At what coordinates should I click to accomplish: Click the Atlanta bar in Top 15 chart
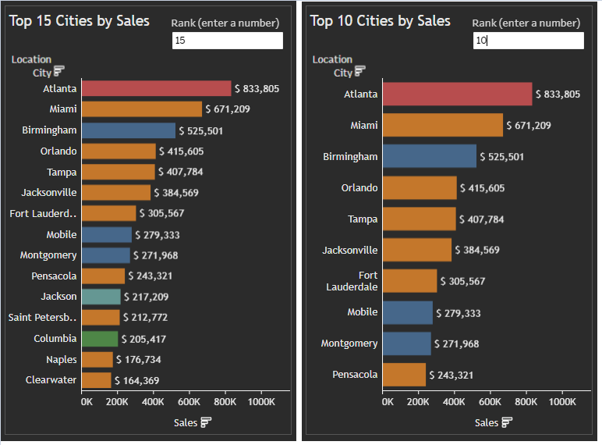[x=156, y=88]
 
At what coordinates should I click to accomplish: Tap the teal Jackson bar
[x=101, y=297]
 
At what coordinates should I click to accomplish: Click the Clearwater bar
[x=97, y=380]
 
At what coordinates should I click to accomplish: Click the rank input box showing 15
[x=227, y=40]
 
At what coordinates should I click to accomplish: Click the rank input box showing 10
[x=528, y=40]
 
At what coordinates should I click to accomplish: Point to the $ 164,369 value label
[x=136, y=381]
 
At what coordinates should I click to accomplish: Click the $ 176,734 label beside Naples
[x=139, y=360]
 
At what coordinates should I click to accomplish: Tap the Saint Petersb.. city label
[x=43, y=318]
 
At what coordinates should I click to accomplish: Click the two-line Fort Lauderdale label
[x=358, y=281]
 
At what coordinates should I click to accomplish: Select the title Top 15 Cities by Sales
[x=80, y=21]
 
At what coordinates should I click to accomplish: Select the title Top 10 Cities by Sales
[x=381, y=21]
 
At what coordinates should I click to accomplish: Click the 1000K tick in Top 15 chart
[x=261, y=401]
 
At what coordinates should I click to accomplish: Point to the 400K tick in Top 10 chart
[x=455, y=401]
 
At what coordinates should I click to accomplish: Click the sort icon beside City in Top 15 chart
[x=58, y=71]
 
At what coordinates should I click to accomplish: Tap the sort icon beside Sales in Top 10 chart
[x=507, y=422]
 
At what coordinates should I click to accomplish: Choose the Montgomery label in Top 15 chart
[x=48, y=255]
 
